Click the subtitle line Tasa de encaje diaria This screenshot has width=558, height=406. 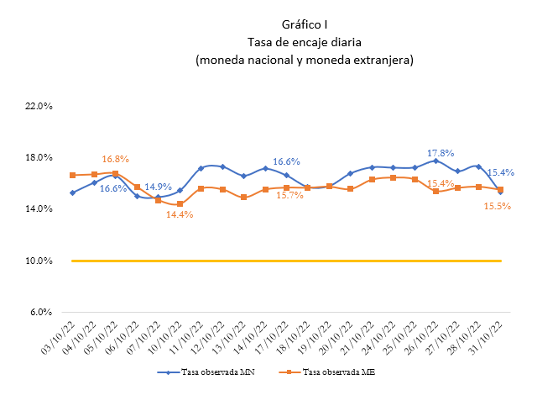pyautogui.click(x=305, y=42)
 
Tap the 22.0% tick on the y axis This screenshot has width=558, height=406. pyautogui.click(x=39, y=106)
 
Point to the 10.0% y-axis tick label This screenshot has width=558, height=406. pyautogui.click(x=39, y=261)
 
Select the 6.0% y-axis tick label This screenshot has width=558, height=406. pyautogui.click(x=41, y=312)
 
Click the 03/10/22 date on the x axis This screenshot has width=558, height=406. pyautogui.click(x=59, y=337)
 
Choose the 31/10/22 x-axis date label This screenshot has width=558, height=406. pyautogui.click(x=486, y=337)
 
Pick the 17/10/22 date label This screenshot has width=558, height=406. pyautogui.click(x=272, y=337)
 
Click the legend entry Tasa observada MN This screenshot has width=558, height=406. pyautogui.click(x=206, y=372)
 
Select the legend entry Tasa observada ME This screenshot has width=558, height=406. pyautogui.click(x=327, y=372)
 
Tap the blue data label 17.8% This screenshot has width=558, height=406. pyautogui.click(x=441, y=153)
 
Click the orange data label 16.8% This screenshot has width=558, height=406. pyautogui.click(x=115, y=160)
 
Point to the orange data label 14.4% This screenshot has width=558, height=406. pyautogui.click(x=180, y=214)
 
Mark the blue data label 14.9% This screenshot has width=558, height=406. pyautogui.click(x=158, y=187)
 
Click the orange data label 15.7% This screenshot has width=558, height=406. pyautogui.click(x=290, y=195)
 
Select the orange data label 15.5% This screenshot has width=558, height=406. pyautogui.click(x=498, y=206)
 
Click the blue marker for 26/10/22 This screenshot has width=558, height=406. pyautogui.click(x=436, y=161)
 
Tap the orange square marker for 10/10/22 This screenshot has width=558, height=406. pyautogui.click(x=180, y=204)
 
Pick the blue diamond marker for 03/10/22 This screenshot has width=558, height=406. pyautogui.click(x=73, y=192)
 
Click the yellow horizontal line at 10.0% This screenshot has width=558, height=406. pyautogui.click(x=286, y=261)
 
